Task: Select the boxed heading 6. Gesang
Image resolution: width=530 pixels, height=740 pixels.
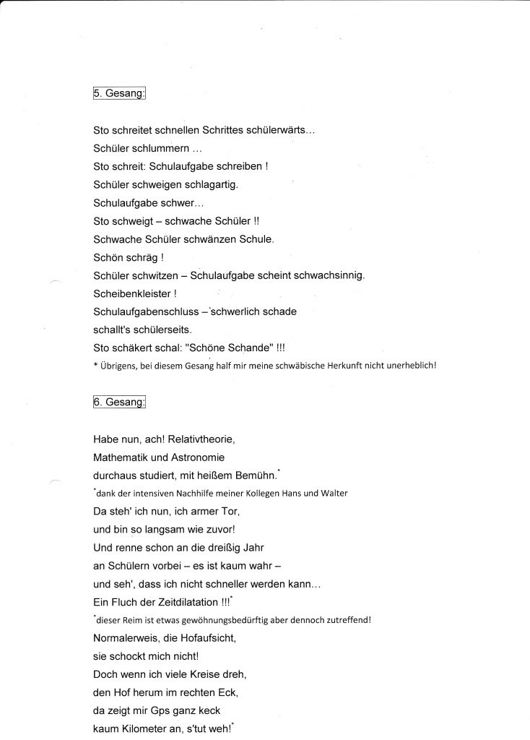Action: pos(119,403)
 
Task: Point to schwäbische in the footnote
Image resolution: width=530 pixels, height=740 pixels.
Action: pos(298,366)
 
